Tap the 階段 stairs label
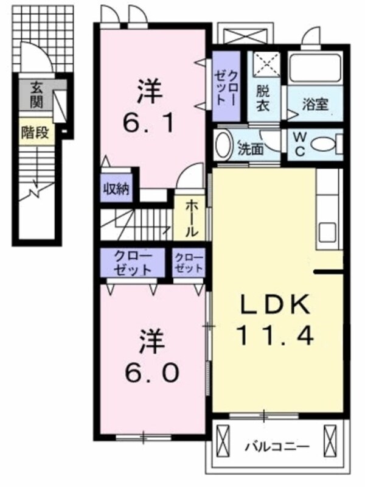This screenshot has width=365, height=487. coord(38,133)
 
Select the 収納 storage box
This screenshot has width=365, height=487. coord(116,188)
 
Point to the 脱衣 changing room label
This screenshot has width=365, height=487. coord(263,97)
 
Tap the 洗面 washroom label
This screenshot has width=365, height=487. coord(250,147)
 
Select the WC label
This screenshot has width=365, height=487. coord(301,143)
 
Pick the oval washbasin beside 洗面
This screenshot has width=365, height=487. coord(224,145)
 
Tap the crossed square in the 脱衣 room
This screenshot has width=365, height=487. coord(264,63)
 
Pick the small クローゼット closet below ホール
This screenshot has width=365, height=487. coord(188,263)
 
